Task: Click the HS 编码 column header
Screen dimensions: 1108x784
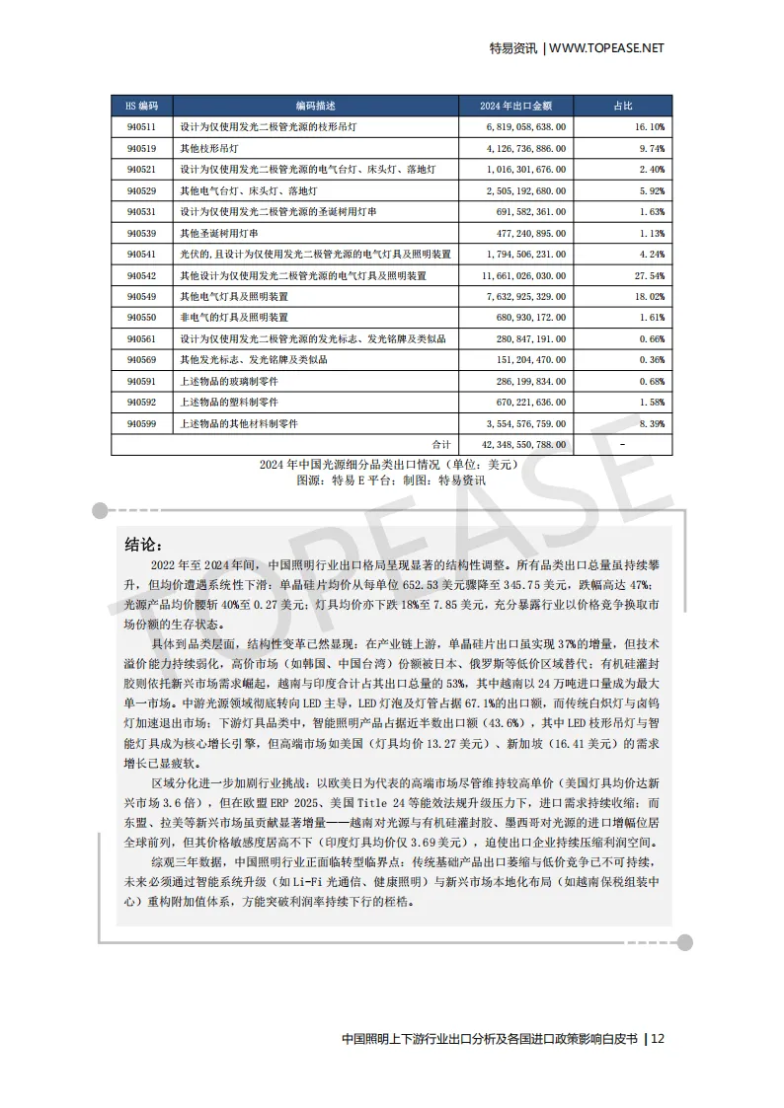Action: tap(142, 106)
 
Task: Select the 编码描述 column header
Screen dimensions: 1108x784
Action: tap(315, 106)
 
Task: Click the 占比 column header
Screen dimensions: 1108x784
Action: tap(623, 106)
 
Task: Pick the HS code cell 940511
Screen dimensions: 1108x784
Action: tap(142, 127)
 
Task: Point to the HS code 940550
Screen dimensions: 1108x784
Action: tap(142, 318)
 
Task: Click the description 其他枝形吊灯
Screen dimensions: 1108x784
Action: tap(208, 148)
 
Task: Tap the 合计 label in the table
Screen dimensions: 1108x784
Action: tap(441, 444)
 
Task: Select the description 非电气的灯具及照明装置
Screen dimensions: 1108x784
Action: tap(233, 318)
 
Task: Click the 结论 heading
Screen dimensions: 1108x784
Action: tap(143, 545)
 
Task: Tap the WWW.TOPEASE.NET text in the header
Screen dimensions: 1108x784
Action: tap(606, 47)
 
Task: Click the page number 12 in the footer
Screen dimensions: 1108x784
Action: tap(659, 1038)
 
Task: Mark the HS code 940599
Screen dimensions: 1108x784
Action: tap(142, 423)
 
